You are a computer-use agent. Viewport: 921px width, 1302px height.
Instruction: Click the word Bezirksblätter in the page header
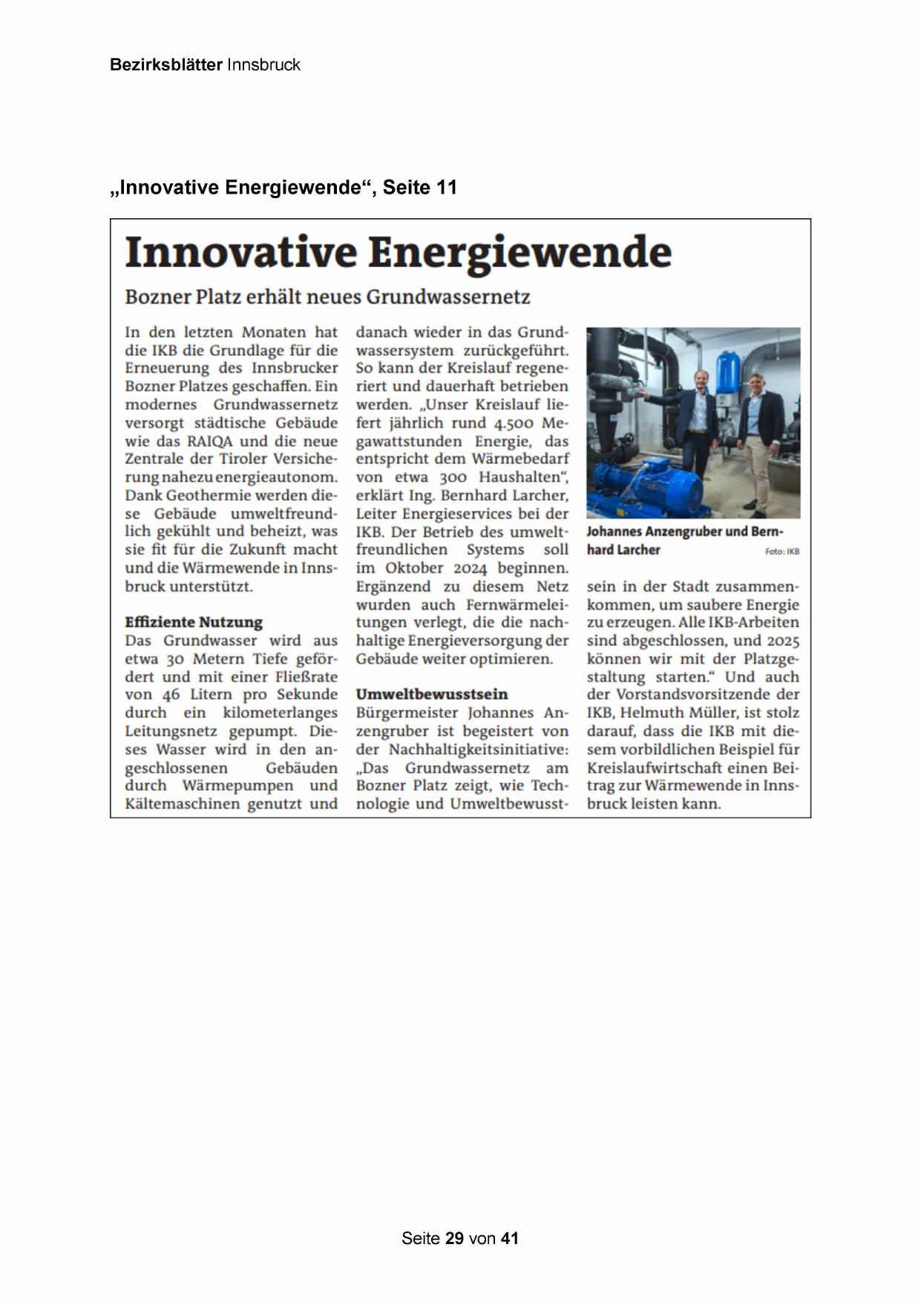[x=165, y=65]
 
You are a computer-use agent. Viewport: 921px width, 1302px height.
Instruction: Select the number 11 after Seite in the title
[x=447, y=187]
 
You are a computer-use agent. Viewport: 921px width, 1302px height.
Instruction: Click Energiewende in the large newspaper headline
[x=520, y=252]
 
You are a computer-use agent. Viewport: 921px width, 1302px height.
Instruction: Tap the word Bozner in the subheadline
[x=157, y=297]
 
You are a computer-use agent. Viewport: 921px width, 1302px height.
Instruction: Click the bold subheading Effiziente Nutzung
[x=194, y=622]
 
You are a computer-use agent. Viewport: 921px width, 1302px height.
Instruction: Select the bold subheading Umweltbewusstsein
[x=432, y=694]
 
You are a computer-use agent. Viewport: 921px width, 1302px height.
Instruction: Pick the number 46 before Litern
[x=171, y=695]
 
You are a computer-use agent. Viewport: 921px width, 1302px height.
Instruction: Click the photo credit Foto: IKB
[x=782, y=552]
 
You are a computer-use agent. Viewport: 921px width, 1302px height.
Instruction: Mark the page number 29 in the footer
[x=455, y=1238]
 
